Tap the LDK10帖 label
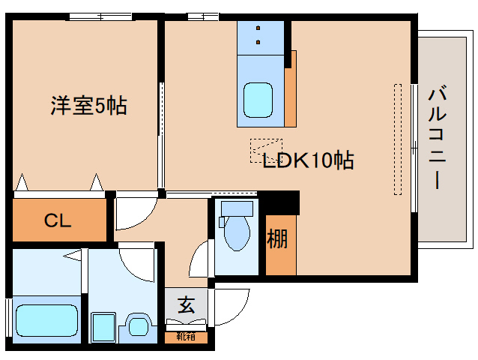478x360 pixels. coord(307,160)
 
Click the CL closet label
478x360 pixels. coord(58,220)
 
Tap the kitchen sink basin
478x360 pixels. coord(260,98)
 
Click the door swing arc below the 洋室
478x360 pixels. coord(134,213)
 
